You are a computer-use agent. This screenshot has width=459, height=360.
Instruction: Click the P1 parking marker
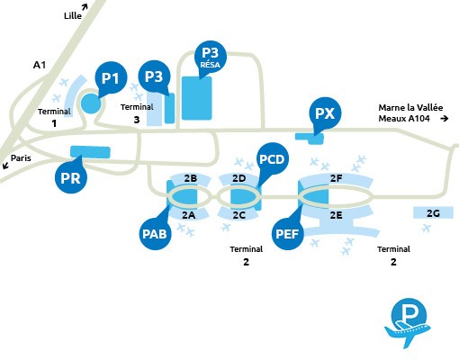click(x=111, y=78)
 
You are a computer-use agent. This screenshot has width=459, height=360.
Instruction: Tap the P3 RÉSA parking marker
click(x=211, y=57)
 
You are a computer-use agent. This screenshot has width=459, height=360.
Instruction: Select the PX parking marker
click(x=325, y=113)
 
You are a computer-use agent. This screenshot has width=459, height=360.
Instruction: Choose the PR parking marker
click(x=71, y=177)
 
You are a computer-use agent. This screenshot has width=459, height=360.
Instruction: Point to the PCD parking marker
click(x=273, y=159)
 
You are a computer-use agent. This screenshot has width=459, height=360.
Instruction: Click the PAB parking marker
click(x=155, y=233)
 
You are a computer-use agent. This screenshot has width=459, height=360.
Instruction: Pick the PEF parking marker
click(x=288, y=233)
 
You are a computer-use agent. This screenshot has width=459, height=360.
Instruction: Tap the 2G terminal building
click(x=433, y=212)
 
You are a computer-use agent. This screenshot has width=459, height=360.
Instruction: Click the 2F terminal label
click(x=337, y=178)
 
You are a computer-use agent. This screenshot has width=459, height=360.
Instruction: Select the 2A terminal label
click(x=189, y=215)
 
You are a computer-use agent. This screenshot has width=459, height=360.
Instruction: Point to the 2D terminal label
click(x=239, y=178)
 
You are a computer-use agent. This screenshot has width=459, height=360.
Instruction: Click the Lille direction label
click(x=73, y=15)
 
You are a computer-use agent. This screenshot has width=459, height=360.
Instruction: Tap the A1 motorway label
click(x=40, y=65)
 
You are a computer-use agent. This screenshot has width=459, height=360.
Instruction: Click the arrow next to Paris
click(x=5, y=165)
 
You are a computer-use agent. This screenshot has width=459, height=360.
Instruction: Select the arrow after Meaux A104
click(x=445, y=119)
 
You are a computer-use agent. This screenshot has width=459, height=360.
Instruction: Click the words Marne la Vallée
click(x=410, y=107)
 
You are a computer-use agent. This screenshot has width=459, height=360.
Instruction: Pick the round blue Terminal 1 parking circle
click(x=91, y=103)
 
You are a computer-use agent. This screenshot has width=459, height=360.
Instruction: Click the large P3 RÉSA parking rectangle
click(x=197, y=98)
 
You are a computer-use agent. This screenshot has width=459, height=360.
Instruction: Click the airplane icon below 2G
click(x=426, y=228)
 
